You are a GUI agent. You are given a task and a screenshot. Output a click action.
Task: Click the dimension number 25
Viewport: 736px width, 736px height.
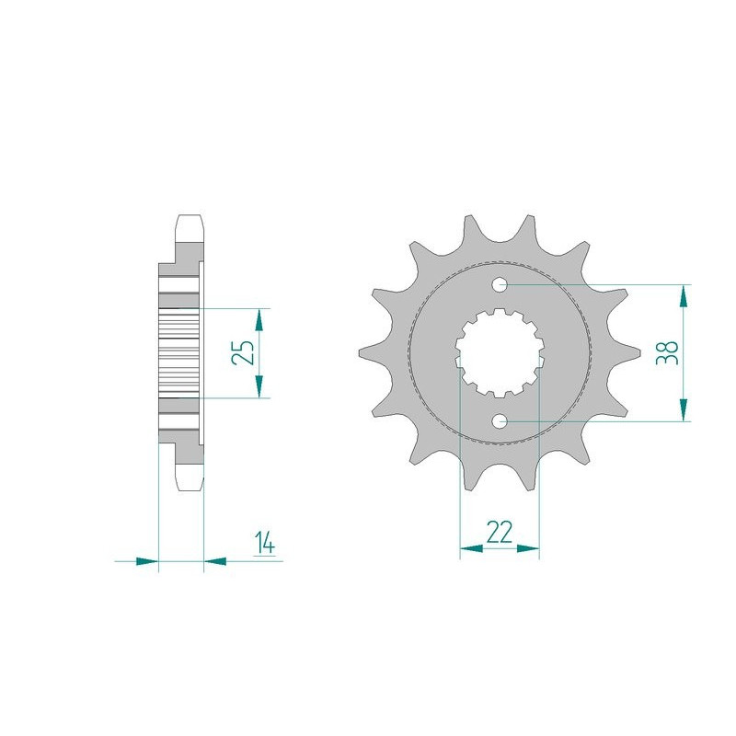(243, 352)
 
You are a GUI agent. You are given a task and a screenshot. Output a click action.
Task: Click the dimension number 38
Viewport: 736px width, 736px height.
(668, 352)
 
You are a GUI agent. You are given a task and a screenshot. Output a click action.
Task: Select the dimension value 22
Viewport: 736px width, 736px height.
(500, 533)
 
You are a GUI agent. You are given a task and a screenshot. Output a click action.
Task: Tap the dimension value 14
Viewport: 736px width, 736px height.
(265, 543)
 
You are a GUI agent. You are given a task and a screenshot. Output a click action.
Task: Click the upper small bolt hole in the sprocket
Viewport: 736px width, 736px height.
(500, 284)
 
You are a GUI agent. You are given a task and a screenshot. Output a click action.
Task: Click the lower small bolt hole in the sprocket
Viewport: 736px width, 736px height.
(500, 421)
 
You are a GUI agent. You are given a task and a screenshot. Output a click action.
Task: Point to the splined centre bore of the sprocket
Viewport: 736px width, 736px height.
(500, 352)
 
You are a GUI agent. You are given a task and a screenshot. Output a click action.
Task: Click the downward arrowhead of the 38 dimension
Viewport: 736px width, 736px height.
(684, 409)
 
